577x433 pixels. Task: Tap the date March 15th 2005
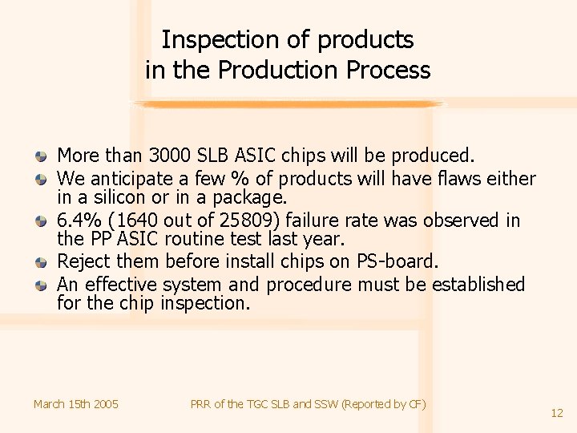(x=75, y=404)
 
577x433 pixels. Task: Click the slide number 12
(x=557, y=413)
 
